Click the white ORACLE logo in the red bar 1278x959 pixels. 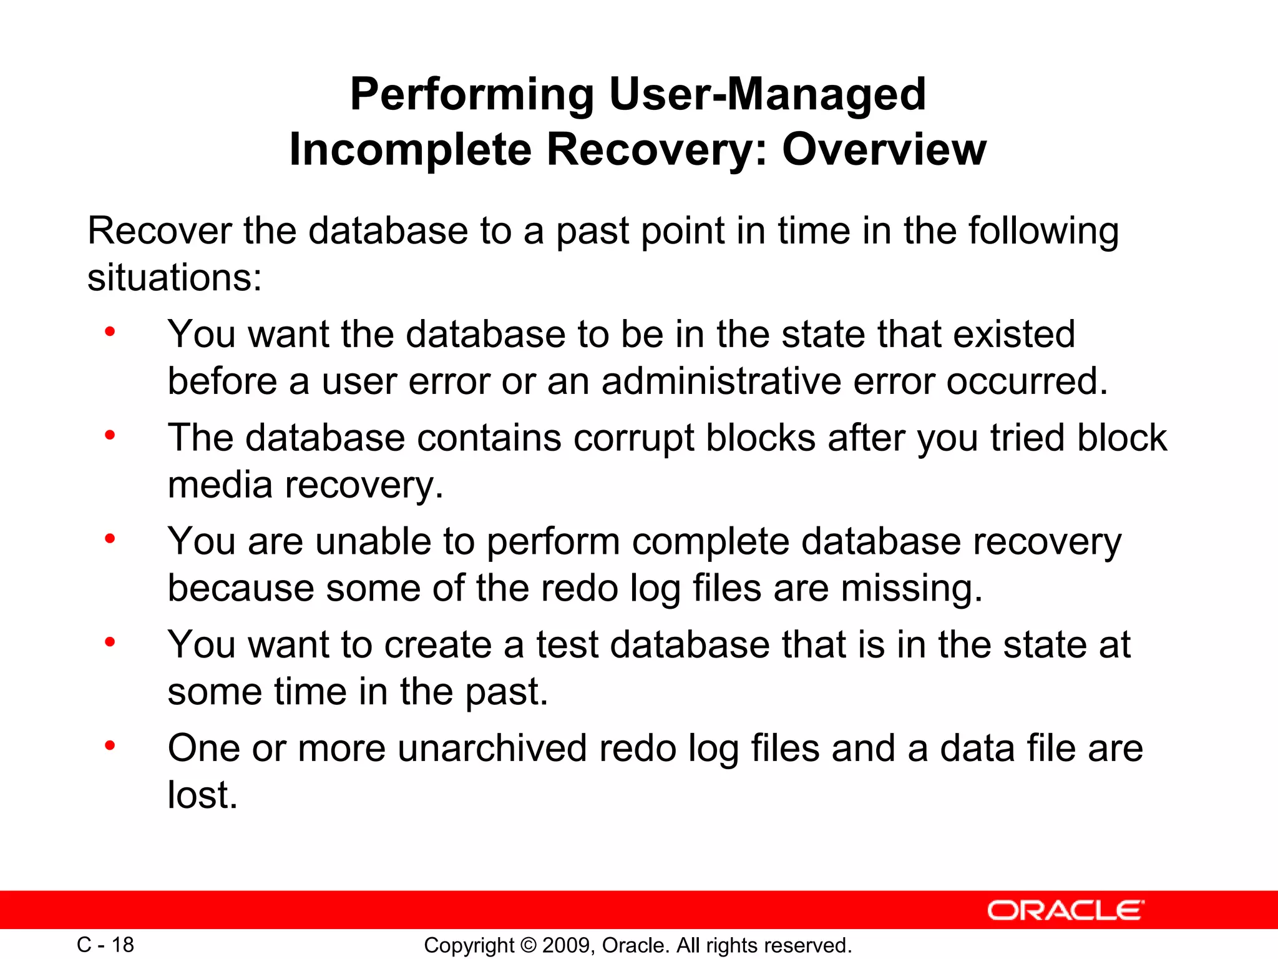coord(1065,910)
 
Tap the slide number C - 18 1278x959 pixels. coord(105,945)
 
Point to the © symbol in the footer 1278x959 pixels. coord(527,945)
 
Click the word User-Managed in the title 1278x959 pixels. coord(767,94)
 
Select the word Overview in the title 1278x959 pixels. coord(884,150)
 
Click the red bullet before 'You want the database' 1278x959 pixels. coord(110,332)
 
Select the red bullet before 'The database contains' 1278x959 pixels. coord(110,435)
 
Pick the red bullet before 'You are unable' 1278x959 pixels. coord(110,538)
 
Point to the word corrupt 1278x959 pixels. coord(633,438)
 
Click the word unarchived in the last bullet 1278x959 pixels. coord(492,748)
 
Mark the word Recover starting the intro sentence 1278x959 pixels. coord(160,230)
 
